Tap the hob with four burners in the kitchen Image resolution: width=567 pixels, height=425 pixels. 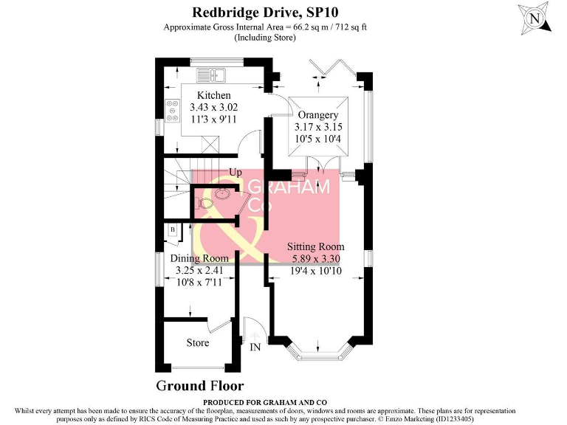[x=173, y=110]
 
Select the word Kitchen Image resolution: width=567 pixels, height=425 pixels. [x=213, y=95]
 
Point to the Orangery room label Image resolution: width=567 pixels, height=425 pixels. [x=317, y=115]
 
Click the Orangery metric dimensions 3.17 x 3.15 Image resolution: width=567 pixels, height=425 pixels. [x=317, y=128]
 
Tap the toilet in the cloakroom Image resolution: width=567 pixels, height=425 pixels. [x=205, y=201]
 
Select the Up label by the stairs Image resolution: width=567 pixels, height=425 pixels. [x=236, y=172]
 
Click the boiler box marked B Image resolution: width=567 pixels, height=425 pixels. [x=172, y=229]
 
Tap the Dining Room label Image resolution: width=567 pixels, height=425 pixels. [x=199, y=258]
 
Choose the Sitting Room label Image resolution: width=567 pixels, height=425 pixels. [x=316, y=246]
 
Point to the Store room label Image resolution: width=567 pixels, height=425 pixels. [x=198, y=342]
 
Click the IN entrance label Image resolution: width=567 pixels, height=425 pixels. [x=255, y=347]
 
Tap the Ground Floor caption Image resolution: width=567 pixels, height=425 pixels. [x=199, y=386]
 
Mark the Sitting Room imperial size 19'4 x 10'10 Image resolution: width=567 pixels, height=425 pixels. [x=316, y=271]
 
